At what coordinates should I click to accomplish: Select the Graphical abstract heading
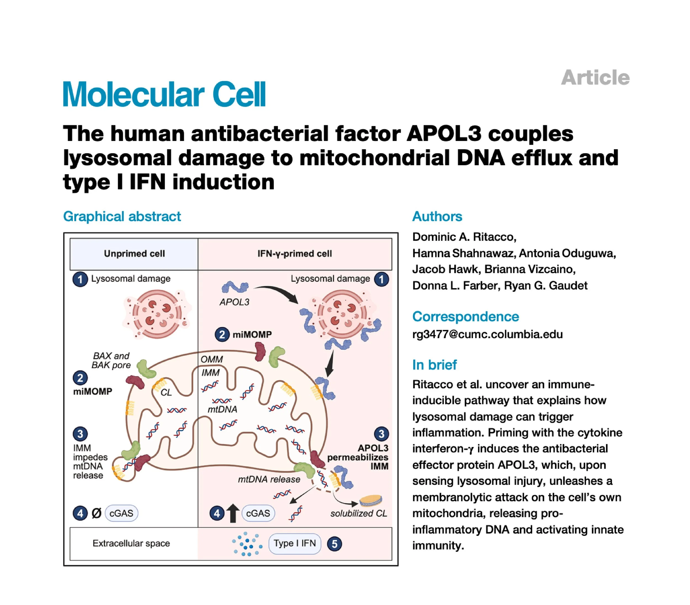(122, 216)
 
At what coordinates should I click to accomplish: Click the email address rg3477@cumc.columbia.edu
(487, 334)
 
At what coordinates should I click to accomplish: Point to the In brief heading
(434, 365)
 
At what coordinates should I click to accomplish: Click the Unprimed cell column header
(134, 254)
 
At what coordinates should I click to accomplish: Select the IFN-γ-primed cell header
(294, 254)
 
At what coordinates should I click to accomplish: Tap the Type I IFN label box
(294, 543)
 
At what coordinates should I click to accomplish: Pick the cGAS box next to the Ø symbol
(121, 513)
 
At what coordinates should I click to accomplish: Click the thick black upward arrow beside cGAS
(233, 513)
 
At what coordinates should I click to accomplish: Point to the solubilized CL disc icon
(371, 500)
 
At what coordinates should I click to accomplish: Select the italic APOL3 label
(234, 302)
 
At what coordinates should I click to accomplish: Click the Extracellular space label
(131, 543)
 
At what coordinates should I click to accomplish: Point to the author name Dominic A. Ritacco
(464, 237)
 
